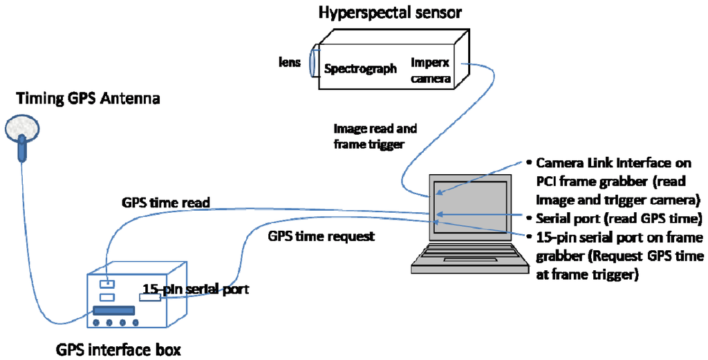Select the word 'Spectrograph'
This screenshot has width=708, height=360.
360,68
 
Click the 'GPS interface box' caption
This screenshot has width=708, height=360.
118,349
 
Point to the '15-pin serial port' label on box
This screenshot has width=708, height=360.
195,289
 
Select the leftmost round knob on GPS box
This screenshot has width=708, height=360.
97,323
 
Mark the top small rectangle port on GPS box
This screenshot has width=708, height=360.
106,284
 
